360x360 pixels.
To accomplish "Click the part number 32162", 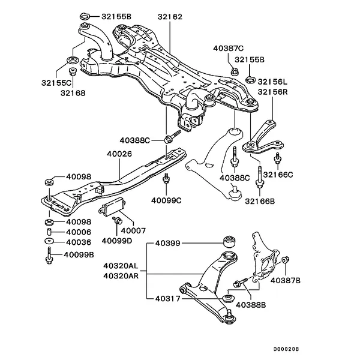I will (169, 19).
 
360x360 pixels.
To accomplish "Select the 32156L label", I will (274, 81).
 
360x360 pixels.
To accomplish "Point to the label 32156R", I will (274, 92).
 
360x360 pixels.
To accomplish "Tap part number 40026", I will (119, 154).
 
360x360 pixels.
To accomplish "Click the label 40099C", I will (166, 200).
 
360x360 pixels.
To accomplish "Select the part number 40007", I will (133, 230).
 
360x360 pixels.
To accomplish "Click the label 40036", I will (79, 242).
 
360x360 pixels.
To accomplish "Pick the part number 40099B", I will (80, 254).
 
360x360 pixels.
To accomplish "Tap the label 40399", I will (168, 244).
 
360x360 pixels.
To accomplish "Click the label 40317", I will (168, 297).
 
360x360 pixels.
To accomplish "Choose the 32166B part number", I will (259, 202).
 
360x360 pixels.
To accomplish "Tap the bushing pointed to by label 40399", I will (229, 242).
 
